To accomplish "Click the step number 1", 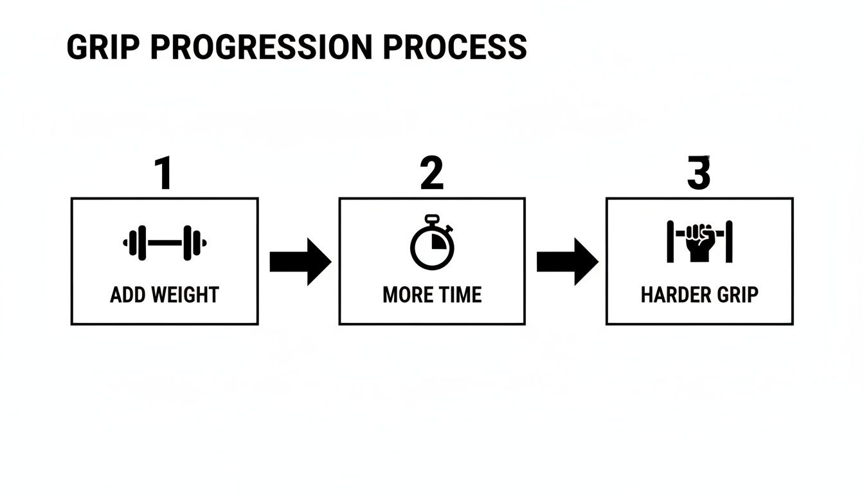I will tap(164, 174).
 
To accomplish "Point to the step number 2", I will tap(431, 174).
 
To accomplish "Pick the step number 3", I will tap(699, 174).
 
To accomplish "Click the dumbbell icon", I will tap(165, 243).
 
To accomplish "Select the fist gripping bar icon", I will tap(699, 242).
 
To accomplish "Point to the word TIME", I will tap(460, 295).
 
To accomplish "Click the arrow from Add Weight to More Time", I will tap(300, 262).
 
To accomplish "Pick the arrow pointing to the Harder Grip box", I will tap(567, 262).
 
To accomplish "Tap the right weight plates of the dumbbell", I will tap(192, 243).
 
